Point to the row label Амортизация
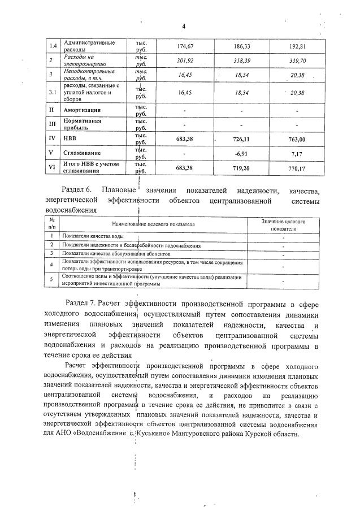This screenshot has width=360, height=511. pos(82,110)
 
